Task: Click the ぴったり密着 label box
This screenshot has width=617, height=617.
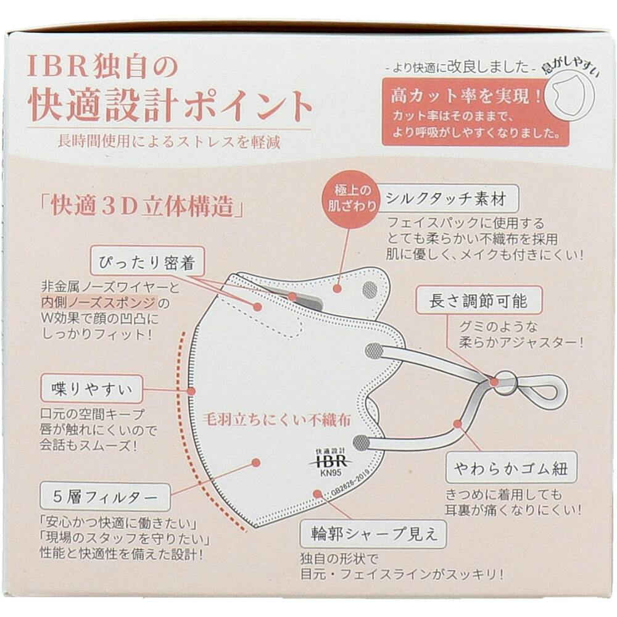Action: [x=147, y=261]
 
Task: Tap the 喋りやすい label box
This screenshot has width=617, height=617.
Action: [x=91, y=389]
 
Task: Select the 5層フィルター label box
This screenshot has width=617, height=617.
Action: [x=105, y=496]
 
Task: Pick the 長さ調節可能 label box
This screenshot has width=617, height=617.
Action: [x=479, y=301]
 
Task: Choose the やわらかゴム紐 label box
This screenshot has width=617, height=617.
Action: [x=511, y=468]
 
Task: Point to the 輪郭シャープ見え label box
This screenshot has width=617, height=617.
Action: [x=373, y=534]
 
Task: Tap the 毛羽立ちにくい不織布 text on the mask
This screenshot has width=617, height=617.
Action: [x=276, y=420]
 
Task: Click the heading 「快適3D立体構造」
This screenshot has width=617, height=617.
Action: [x=143, y=206]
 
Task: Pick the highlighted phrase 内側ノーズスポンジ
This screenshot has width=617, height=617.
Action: [x=99, y=302]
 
